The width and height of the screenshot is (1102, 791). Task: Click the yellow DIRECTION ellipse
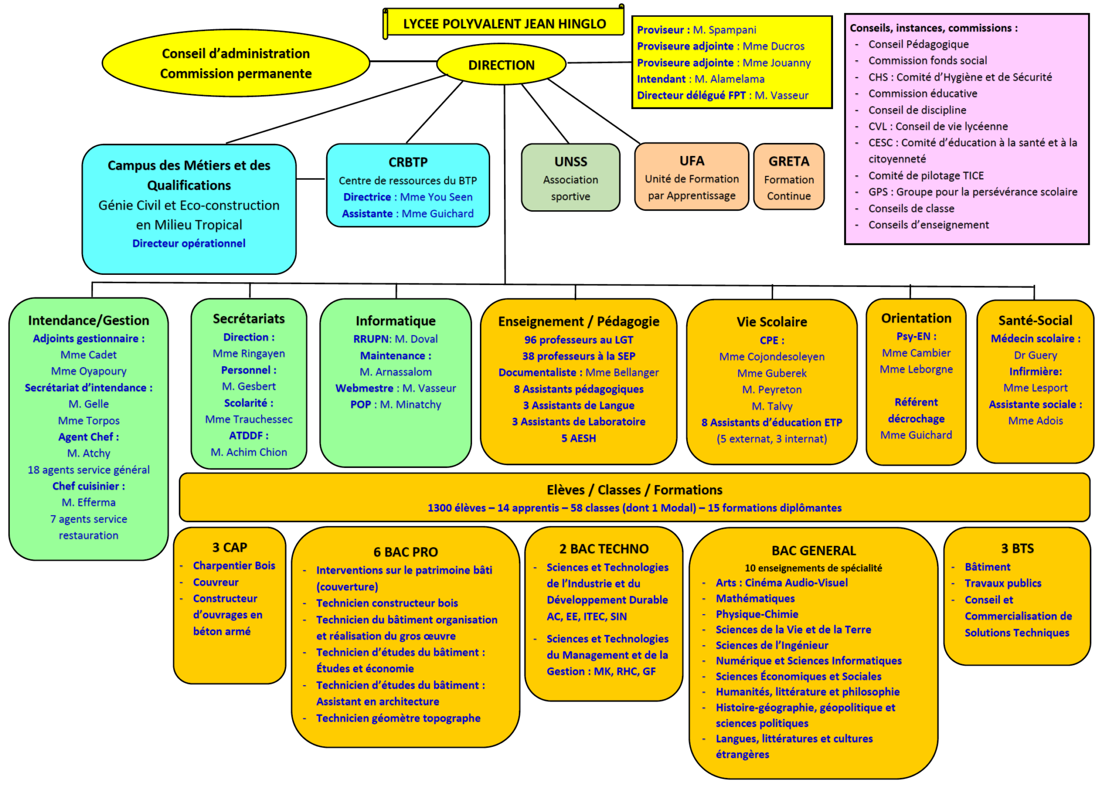pos(501,65)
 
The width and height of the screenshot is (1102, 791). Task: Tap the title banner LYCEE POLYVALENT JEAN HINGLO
pos(504,24)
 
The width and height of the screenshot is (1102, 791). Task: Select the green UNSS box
pos(570,178)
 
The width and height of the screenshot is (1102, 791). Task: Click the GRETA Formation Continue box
pos(788,177)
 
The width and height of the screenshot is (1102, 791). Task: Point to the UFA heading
pos(691,161)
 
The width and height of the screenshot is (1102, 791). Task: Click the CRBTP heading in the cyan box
pos(408,162)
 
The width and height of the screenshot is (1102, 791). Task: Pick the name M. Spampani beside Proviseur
pos(724,30)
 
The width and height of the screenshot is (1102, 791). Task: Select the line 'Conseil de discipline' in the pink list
pos(917,110)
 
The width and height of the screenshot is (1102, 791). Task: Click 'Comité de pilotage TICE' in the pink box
pos(926,176)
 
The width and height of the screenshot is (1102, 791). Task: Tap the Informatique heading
pos(395,321)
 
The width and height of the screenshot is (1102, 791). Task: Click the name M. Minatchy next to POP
pos(411,404)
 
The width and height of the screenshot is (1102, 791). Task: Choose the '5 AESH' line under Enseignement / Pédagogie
pos(578,438)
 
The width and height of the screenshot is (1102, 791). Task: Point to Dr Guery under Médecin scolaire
pos(1035,355)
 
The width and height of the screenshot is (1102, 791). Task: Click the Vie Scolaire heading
pos(772,322)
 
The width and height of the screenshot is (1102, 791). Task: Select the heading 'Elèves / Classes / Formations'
pos(634,490)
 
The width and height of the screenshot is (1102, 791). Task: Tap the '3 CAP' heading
pos(230,547)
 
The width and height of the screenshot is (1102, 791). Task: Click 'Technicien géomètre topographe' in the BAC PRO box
pos(398,718)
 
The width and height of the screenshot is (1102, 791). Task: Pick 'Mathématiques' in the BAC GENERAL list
pos(755,598)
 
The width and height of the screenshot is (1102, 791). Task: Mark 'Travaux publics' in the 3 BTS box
pos(1002,583)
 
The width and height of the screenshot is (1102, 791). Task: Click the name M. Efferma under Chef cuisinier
pos(89,502)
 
